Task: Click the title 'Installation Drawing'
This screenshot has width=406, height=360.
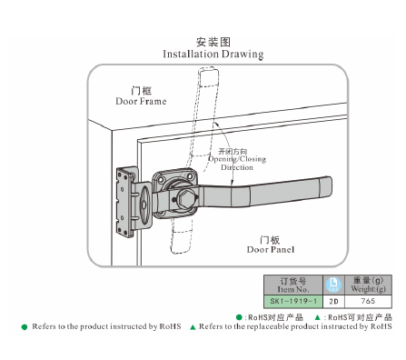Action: tap(213, 55)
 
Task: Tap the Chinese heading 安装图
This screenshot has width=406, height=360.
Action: tap(213, 42)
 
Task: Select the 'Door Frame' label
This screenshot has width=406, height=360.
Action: tap(141, 101)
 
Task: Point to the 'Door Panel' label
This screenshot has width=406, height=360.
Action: tap(271, 250)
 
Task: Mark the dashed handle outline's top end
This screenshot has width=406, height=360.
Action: tap(209, 70)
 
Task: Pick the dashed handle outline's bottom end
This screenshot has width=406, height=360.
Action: tap(181, 253)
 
